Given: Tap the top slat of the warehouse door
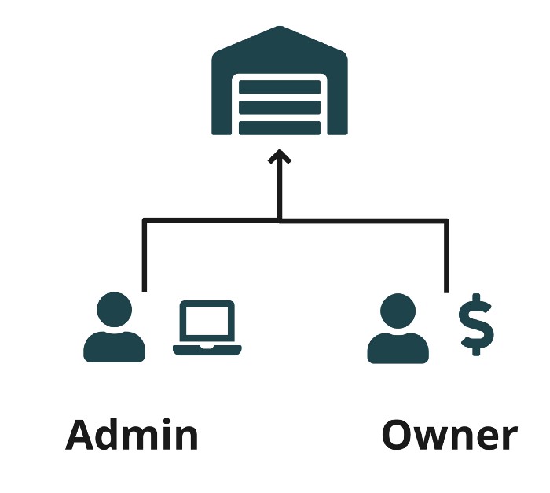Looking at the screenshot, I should point(279,87).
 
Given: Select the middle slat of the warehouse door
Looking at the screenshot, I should point(279,108).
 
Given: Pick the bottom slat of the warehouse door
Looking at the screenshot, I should point(279,127).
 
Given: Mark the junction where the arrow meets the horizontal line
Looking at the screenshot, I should point(279,220).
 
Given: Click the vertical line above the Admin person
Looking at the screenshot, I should point(145,256).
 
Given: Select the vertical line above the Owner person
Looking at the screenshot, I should point(446,256).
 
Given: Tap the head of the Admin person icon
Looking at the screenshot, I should point(115,310).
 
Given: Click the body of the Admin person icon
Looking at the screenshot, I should point(115,346).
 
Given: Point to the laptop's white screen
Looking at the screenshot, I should point(207,322).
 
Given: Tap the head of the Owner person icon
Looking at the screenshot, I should point(398,311).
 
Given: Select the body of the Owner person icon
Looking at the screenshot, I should point(398,347).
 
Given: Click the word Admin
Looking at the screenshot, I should point(131,435).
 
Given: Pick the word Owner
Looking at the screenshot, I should point(449,435).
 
